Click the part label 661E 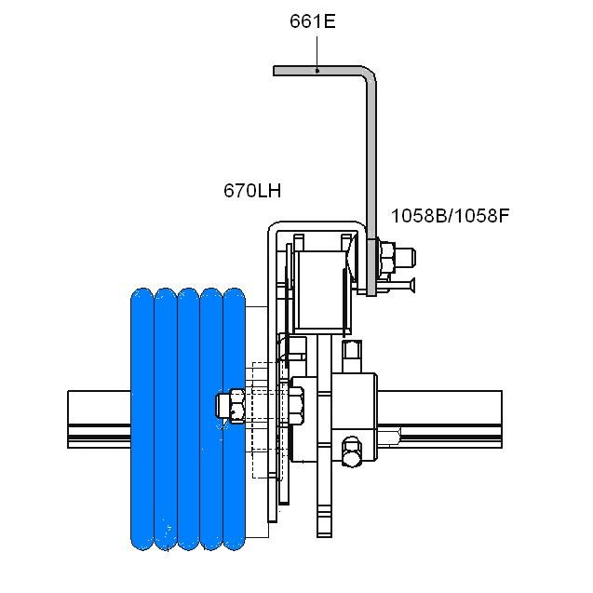313,21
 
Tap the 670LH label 252,191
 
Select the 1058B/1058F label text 450,216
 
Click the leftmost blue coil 142,419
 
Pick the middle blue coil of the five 188,419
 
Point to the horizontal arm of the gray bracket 319,71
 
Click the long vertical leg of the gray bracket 371,182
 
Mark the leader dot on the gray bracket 317,71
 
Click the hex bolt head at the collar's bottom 351,451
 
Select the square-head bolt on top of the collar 352,357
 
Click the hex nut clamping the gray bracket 387,258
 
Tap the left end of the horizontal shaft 68,420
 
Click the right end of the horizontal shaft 502,420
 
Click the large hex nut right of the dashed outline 296,406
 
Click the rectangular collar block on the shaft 354,418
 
